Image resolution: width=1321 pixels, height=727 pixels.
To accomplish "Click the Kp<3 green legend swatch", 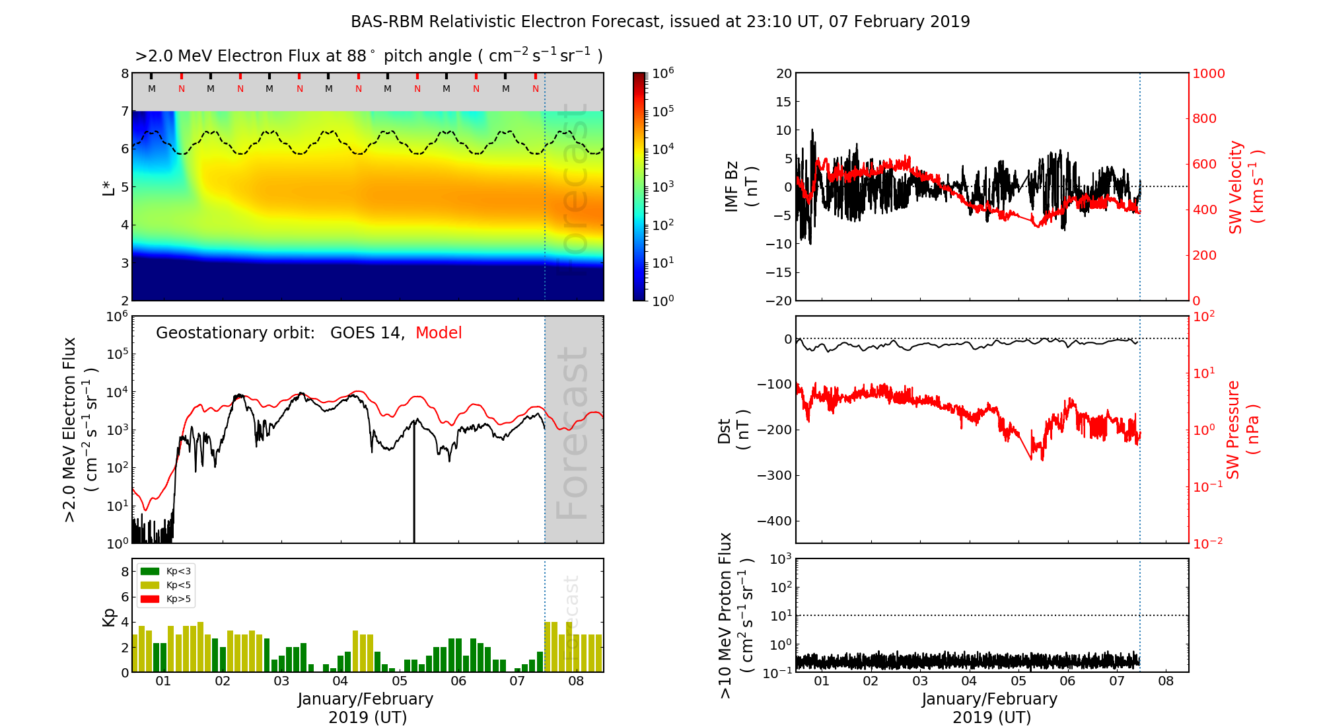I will pos(150,571).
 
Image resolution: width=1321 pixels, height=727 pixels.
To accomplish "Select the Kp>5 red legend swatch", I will pos(150,599).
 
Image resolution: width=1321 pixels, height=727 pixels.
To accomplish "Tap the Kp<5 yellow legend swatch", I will pos(150,585).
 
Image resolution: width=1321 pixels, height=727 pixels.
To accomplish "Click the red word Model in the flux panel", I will pos(439,333).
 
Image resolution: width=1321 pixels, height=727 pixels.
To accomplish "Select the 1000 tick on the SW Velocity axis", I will pos(1208,73).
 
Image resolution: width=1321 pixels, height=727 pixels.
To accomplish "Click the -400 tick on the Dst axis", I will pos(773,521).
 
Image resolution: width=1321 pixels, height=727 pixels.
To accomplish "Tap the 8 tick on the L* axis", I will pos(124,73).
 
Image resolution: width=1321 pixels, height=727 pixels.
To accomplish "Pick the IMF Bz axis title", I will pos(740,186).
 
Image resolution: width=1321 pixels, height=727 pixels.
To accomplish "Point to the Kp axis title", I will pos(109,617).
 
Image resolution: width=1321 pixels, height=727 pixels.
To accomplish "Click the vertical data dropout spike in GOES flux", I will pos(414,489).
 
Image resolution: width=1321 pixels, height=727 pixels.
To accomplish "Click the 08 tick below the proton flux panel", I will pos(1166,681).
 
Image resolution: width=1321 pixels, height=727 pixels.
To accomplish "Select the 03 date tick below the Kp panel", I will pos(281,681).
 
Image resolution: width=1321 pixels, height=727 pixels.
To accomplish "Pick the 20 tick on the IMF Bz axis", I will pos(783,73).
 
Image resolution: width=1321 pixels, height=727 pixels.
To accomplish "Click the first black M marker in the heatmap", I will pos(152,89).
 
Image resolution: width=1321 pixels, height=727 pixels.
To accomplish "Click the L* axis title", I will pos(109,187).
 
